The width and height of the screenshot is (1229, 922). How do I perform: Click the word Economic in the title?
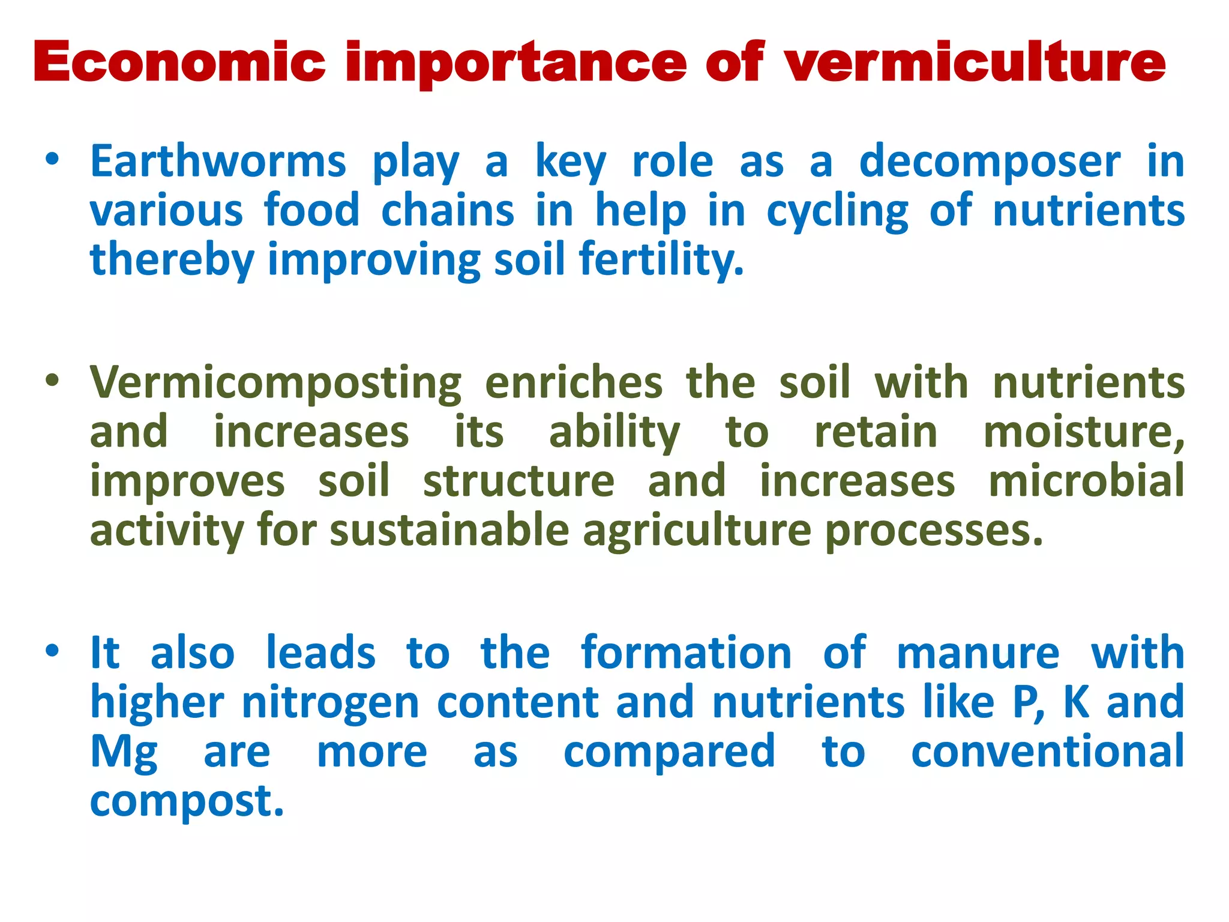(x=179, y=62)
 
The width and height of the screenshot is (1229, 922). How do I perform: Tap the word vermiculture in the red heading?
(x=975, y=62)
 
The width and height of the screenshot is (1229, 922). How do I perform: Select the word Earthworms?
(x=218, y=161)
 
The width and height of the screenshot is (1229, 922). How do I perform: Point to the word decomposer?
(x=990, y=163)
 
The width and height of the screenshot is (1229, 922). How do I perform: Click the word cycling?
(x=838, y=212)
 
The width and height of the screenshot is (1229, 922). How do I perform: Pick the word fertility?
(x=661, y=261)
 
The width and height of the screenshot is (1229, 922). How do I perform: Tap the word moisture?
(x=1084, y=432)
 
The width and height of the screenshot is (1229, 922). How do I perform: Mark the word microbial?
(x=1086, y=481)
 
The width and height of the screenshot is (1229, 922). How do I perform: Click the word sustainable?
(x=449, y=531)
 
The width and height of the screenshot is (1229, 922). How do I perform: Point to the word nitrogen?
(x=330, y=703)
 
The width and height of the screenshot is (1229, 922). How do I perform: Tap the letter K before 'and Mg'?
(x=1076, y=702)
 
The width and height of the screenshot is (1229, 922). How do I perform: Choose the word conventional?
(x=1048, y=752)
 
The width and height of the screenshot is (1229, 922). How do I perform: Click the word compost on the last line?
(x=186, y=802)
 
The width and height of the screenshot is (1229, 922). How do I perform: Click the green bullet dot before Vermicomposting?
(x=53, y=381)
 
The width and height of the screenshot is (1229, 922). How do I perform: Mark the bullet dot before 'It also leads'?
(x=53, y=651)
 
